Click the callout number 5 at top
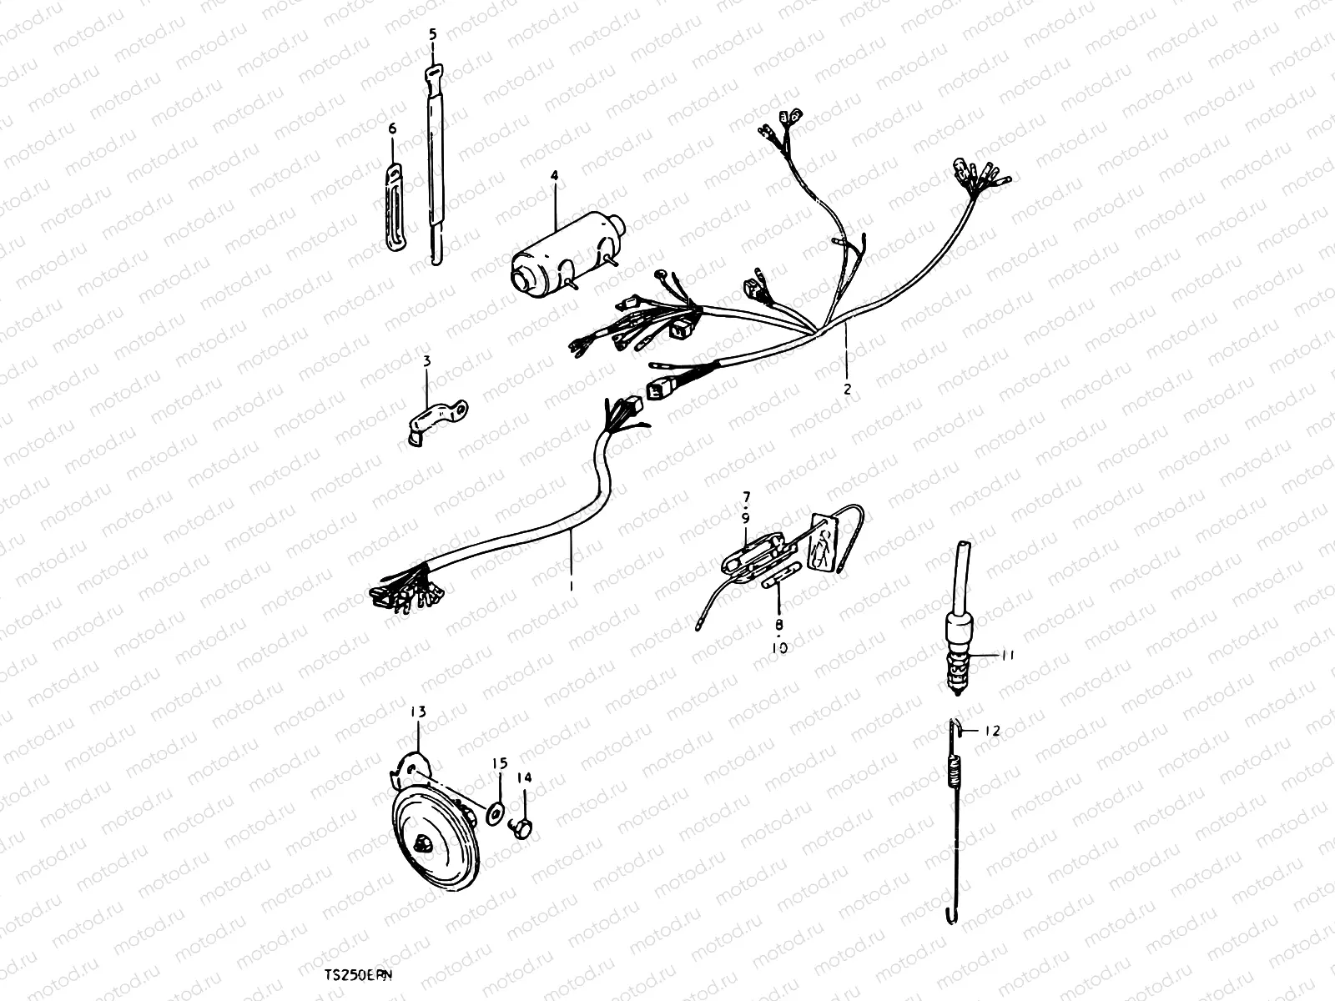432,34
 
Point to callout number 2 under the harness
847,389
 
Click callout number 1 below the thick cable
571,586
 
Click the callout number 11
1008,656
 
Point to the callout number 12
990,731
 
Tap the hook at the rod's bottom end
950,916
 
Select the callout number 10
779,646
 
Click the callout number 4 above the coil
553,176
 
